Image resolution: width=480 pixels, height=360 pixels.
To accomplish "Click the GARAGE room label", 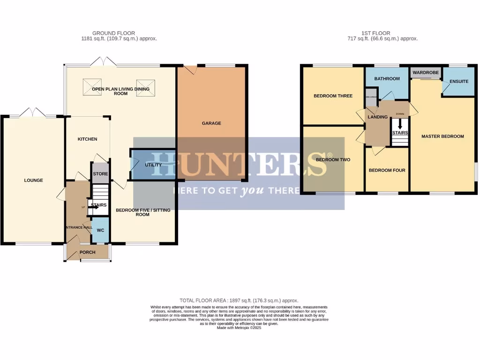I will tap(211, 123).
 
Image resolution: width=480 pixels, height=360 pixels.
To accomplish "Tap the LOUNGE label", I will tap(34, 180).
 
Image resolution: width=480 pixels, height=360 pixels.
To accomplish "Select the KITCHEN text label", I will tap(87, 139).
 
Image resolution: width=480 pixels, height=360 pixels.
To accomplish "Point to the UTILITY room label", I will tap(153, 165).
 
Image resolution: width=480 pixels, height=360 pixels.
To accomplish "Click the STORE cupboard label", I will tap(100, 174).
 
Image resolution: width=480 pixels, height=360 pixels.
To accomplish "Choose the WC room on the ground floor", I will tap(100, 230).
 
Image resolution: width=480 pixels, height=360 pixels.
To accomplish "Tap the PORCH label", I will tap(88, 252).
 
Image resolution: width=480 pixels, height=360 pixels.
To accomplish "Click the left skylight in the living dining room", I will tap(92, 87).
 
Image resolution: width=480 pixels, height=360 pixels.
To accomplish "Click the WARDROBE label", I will tap(426, 73).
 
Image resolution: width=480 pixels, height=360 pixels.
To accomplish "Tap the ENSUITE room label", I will tap(459, 81).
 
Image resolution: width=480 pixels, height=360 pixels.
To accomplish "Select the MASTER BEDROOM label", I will tap(442, 136).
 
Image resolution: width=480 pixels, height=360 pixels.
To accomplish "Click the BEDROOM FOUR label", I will tap(387, 170).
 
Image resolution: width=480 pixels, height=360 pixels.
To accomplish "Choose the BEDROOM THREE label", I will tap(333, 96).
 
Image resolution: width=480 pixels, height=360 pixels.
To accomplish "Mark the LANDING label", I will tap(378, 117).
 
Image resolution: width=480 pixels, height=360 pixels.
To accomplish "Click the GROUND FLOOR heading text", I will tap(113, 33).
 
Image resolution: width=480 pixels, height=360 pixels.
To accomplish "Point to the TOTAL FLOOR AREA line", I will tap(239, 300).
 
